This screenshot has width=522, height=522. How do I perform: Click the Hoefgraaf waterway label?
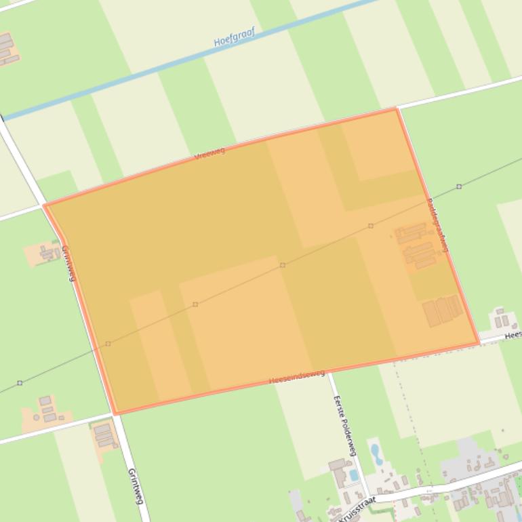coord(234,39)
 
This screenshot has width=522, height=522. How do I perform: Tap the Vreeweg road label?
coord(209,154)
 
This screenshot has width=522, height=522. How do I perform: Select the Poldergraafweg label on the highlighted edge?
coord(438,225)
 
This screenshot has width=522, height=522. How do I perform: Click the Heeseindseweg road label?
coord(297,377)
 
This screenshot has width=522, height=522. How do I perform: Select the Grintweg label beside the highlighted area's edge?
coord(68,263)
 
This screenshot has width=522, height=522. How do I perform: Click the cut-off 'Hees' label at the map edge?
coord(513,335)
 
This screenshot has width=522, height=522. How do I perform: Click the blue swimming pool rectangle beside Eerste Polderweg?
coord(354,475)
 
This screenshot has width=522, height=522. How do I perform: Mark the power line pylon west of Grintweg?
coord(20,383)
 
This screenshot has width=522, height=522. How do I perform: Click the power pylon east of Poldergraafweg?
coord(459,186)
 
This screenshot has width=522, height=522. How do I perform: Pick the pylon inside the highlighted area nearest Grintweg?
coord(108,344)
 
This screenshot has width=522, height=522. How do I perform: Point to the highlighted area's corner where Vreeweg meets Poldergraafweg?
coord(396,109)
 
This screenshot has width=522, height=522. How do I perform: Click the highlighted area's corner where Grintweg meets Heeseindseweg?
coord(115,412)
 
